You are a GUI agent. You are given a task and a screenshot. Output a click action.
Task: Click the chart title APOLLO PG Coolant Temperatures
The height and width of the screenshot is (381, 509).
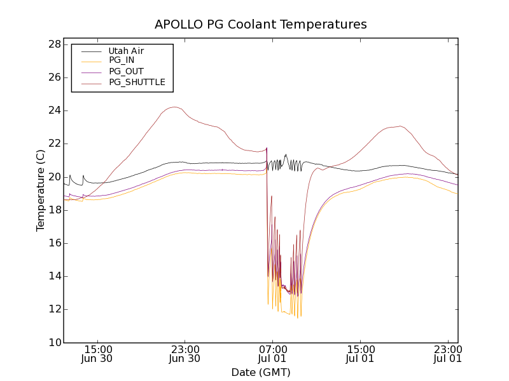coord(261,25)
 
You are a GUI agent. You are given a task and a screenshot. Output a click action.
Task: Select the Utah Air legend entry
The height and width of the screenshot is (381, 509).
coord(125,51)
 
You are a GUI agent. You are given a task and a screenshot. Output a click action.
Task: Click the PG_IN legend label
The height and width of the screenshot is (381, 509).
coord(122,60)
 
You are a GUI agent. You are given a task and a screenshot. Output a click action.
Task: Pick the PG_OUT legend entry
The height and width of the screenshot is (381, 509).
coord(125,71)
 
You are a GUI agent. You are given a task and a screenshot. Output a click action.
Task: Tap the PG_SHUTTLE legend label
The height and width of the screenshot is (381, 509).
coord(137,82)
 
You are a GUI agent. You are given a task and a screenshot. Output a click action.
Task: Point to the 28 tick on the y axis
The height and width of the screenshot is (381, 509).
coord(53,44)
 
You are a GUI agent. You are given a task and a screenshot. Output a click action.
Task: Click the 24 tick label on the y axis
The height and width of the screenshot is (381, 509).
coord(53,110)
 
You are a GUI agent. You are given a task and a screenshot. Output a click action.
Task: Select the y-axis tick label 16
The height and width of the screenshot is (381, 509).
coord(53,243)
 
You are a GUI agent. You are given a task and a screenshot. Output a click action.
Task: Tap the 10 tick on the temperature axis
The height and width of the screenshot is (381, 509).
coord(53,343)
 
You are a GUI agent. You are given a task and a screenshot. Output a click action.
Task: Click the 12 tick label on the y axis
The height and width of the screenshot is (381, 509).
coord(53,309)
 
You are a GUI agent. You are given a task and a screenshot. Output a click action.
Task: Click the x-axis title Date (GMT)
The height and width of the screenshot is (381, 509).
coord(261,372)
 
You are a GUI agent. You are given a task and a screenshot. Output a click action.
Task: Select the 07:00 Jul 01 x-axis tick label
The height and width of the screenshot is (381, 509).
coord(272,354)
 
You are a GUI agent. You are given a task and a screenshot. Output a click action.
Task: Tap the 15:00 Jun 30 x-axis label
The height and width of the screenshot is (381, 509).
coord(98,354)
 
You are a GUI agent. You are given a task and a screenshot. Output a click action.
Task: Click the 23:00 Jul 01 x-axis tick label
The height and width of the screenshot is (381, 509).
coord(447,354)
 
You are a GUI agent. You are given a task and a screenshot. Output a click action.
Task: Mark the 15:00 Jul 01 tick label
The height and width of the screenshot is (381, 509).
coord(360,354)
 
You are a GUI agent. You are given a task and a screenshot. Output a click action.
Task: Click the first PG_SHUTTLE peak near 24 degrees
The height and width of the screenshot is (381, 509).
coord(174,107)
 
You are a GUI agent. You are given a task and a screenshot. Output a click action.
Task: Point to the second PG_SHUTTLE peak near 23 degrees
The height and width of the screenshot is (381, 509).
coord(400,126)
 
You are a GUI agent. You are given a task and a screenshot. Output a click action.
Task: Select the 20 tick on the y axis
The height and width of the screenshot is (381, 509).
coord(53,177)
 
